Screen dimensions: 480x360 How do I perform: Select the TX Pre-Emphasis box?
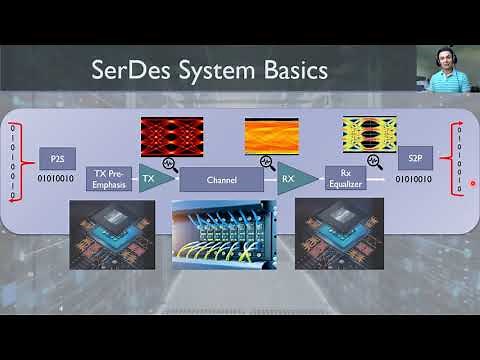coord(109,178)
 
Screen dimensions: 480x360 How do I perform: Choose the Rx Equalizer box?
coord(345,178)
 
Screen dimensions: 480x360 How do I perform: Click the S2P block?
coord(415,159)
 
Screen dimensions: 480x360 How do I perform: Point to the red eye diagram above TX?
coord(171,137)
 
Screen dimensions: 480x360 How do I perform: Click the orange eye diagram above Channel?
coord(272,136)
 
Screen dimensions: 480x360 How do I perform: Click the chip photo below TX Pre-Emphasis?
coord(111,233)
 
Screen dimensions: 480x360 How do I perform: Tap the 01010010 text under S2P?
coord(413,180)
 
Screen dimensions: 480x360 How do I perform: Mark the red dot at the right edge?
coord(472,183)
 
